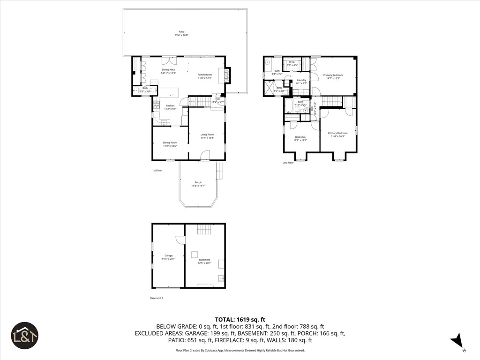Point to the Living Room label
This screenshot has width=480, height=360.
point(207,136)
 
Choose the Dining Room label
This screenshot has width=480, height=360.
point(170,144)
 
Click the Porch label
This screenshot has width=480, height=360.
point(198,184)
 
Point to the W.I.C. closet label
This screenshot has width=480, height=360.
point(291,63)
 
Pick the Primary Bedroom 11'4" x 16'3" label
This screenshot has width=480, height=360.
point(337,134)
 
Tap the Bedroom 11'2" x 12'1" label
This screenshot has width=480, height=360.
point(300,139)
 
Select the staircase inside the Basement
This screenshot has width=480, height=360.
point(204,229)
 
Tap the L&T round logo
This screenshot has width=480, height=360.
point(24,336)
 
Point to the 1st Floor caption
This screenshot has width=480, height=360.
point(157,170)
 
